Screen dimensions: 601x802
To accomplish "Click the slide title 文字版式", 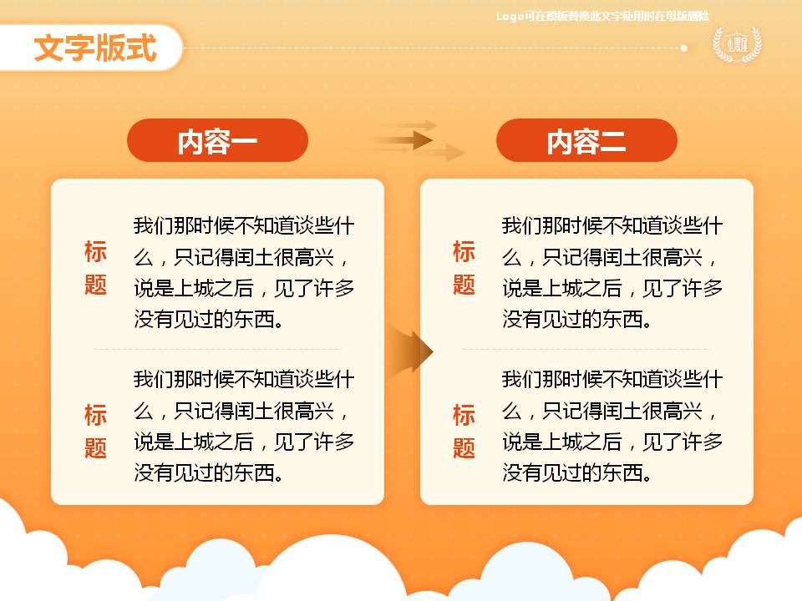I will (95, 48).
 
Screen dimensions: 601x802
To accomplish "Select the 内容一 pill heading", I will (217, 141).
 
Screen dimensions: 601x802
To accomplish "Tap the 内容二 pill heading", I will (586, 141).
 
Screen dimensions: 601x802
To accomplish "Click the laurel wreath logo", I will (736, 44).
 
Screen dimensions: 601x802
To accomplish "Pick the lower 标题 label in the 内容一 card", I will (95, 431).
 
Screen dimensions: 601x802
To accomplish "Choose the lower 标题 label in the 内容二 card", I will (464, 431).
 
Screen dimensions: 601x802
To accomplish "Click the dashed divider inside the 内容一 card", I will (217, 349).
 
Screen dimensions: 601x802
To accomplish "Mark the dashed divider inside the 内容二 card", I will (586, 349).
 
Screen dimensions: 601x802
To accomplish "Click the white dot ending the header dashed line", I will (684, 48).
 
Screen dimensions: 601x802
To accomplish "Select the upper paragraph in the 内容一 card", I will (244, 272).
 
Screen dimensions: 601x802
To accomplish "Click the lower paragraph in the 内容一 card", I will (244, 426).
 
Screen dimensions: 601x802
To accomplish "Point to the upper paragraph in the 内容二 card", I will (612, 272).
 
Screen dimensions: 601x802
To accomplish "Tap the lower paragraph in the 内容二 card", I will (612, 426).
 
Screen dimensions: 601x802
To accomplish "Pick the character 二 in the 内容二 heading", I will (613, 142).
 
